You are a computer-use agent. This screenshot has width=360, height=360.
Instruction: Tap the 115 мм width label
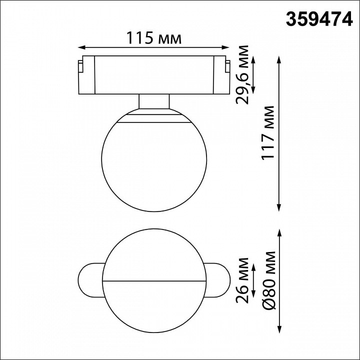[153, 37]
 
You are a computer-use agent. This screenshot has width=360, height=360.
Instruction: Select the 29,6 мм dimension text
[244, 73]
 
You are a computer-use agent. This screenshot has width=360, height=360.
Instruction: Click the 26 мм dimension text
[244, 280]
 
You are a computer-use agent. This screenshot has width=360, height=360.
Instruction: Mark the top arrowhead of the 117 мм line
[279, 57]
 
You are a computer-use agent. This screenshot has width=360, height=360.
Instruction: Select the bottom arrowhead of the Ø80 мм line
[279, 331]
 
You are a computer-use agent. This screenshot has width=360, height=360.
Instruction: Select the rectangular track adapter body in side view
[154, 75]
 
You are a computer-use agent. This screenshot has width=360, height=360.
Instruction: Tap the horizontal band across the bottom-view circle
[154, 279]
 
